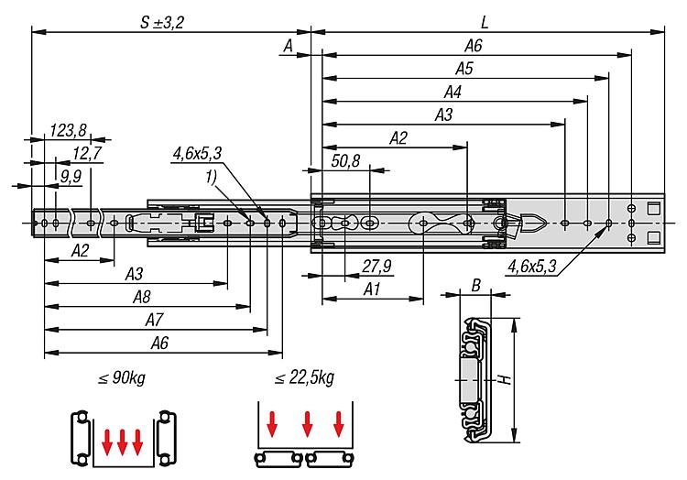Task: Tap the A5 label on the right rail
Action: [464, 68]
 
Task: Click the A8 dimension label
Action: [142, 296]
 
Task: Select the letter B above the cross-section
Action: [475, 286]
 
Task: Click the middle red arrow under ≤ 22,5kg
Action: [307, 425]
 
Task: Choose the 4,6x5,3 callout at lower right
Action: [532, 267]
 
